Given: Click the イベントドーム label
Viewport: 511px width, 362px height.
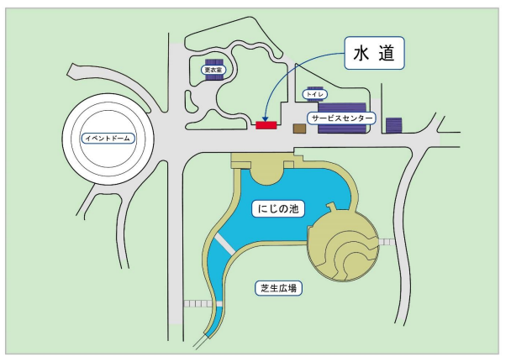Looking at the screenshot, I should coord(108,138).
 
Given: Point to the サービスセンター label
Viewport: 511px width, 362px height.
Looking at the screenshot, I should coord(341,119).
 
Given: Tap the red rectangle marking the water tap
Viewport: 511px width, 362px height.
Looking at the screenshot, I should coord(266,126).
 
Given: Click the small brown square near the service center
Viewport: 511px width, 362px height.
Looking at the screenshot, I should coord(298,129).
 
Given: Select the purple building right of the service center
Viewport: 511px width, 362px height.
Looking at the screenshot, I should coord(394,124).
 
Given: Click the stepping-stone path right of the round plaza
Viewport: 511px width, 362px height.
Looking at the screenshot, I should coord(387,242).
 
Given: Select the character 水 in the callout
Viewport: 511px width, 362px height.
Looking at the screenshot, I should coord(362,55).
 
